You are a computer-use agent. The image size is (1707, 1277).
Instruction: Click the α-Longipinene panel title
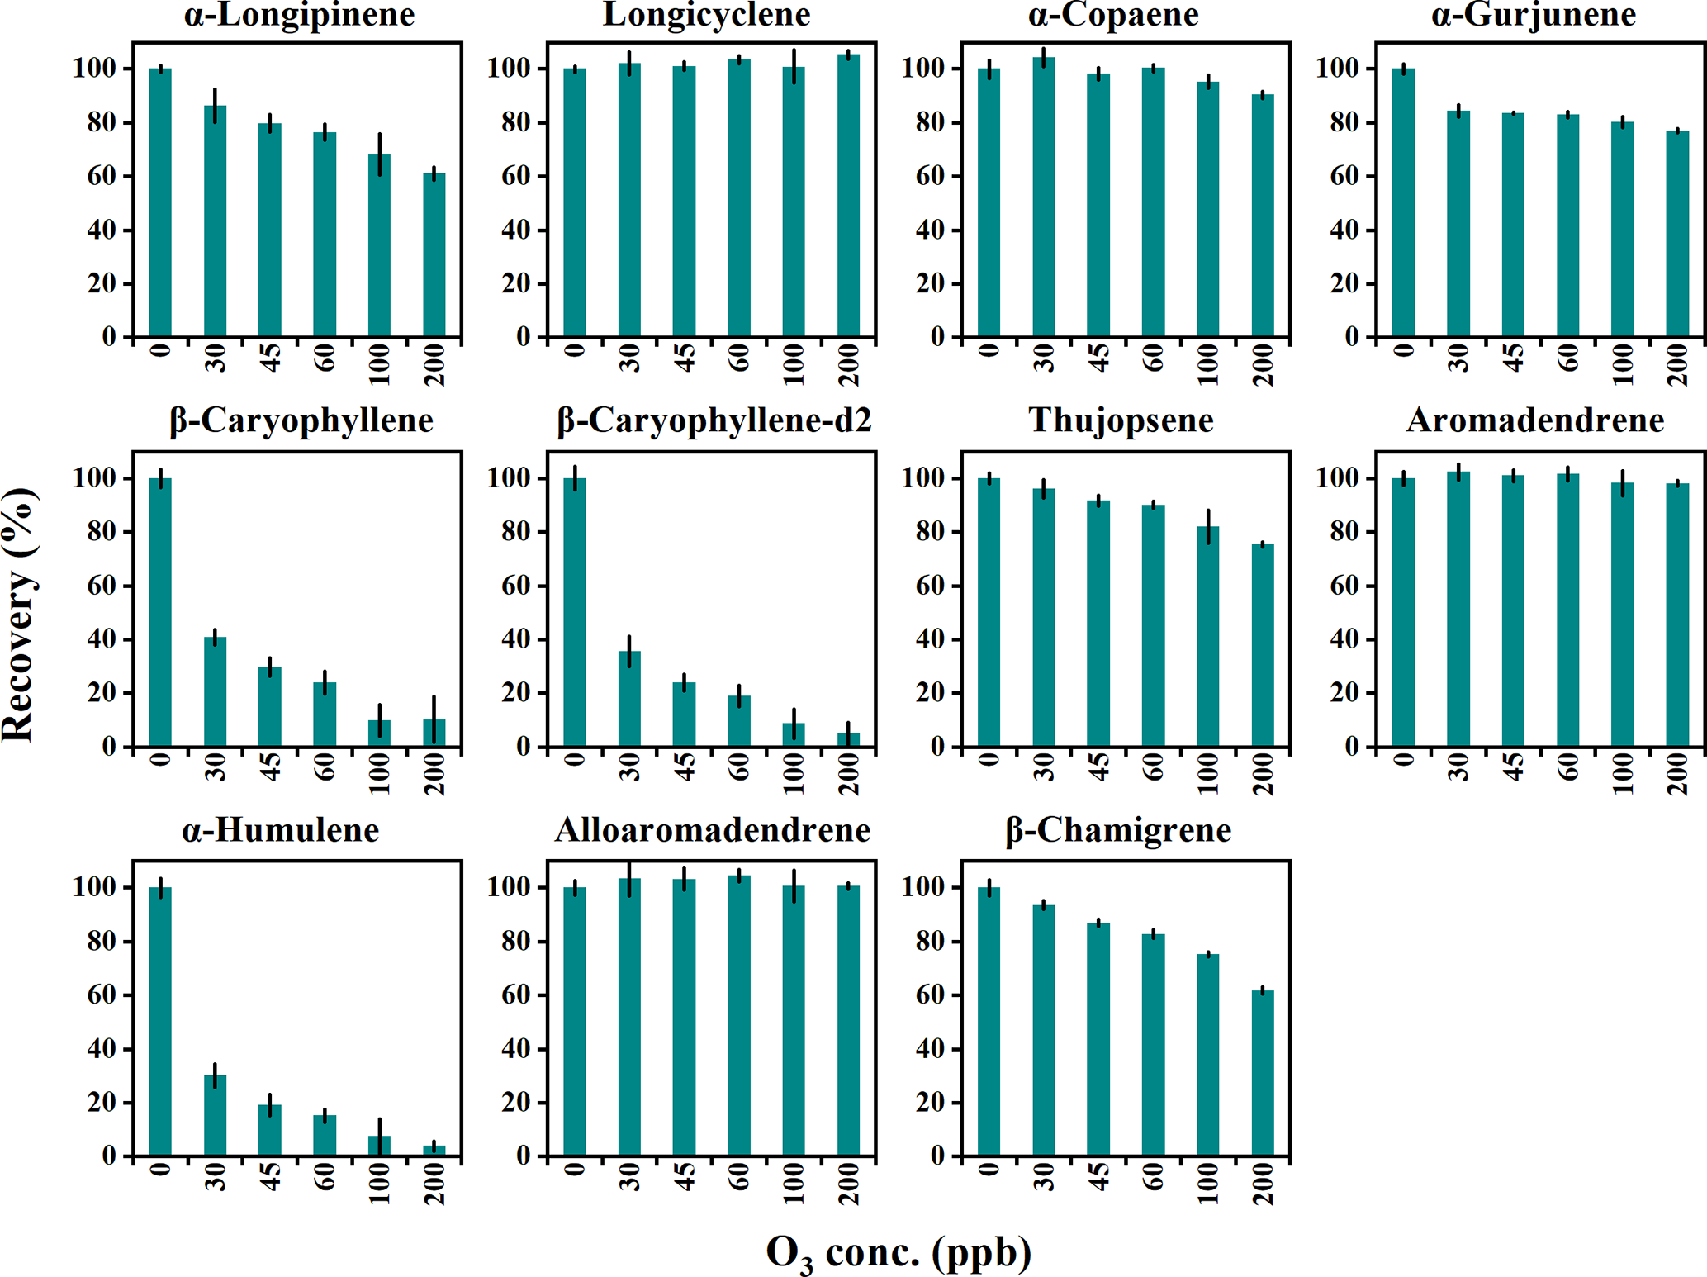[299, 16]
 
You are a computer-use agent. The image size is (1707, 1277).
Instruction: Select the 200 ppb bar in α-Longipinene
[434, 255]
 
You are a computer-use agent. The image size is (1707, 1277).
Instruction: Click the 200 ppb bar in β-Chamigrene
[1263, 1073]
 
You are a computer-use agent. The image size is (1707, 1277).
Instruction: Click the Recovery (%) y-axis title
[19, 615]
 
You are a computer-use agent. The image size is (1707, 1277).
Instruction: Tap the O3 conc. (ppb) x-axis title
[899, 1254]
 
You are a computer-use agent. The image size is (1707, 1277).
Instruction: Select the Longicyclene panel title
[707, 16]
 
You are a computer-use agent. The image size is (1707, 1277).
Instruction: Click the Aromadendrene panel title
[1534, 421]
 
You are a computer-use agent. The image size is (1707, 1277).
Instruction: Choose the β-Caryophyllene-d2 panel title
[714, 421]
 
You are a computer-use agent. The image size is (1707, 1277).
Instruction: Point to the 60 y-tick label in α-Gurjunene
[1344, 177]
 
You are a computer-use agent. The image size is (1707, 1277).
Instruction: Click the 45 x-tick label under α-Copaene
[1099, 358]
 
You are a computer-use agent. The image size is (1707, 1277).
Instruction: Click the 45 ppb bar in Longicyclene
[684, 202]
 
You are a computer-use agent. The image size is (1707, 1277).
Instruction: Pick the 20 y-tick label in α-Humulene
[102, 1103]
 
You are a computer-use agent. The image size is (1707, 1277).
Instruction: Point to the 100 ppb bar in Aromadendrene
[1622, 615]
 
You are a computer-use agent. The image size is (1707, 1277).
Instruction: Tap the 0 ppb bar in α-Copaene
[989, 202]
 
